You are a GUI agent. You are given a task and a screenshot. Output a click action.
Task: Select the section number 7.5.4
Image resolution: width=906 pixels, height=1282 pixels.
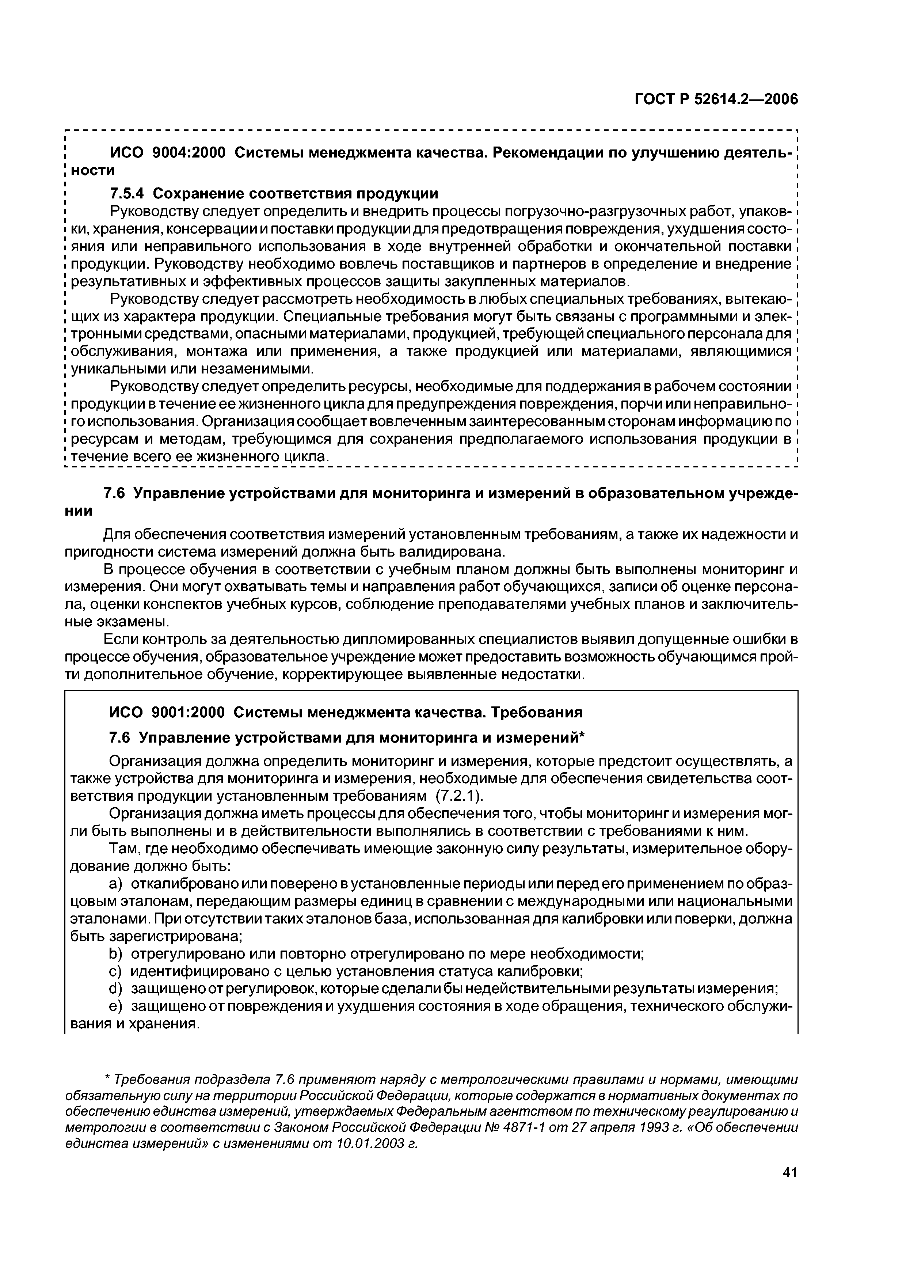point(127,193)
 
